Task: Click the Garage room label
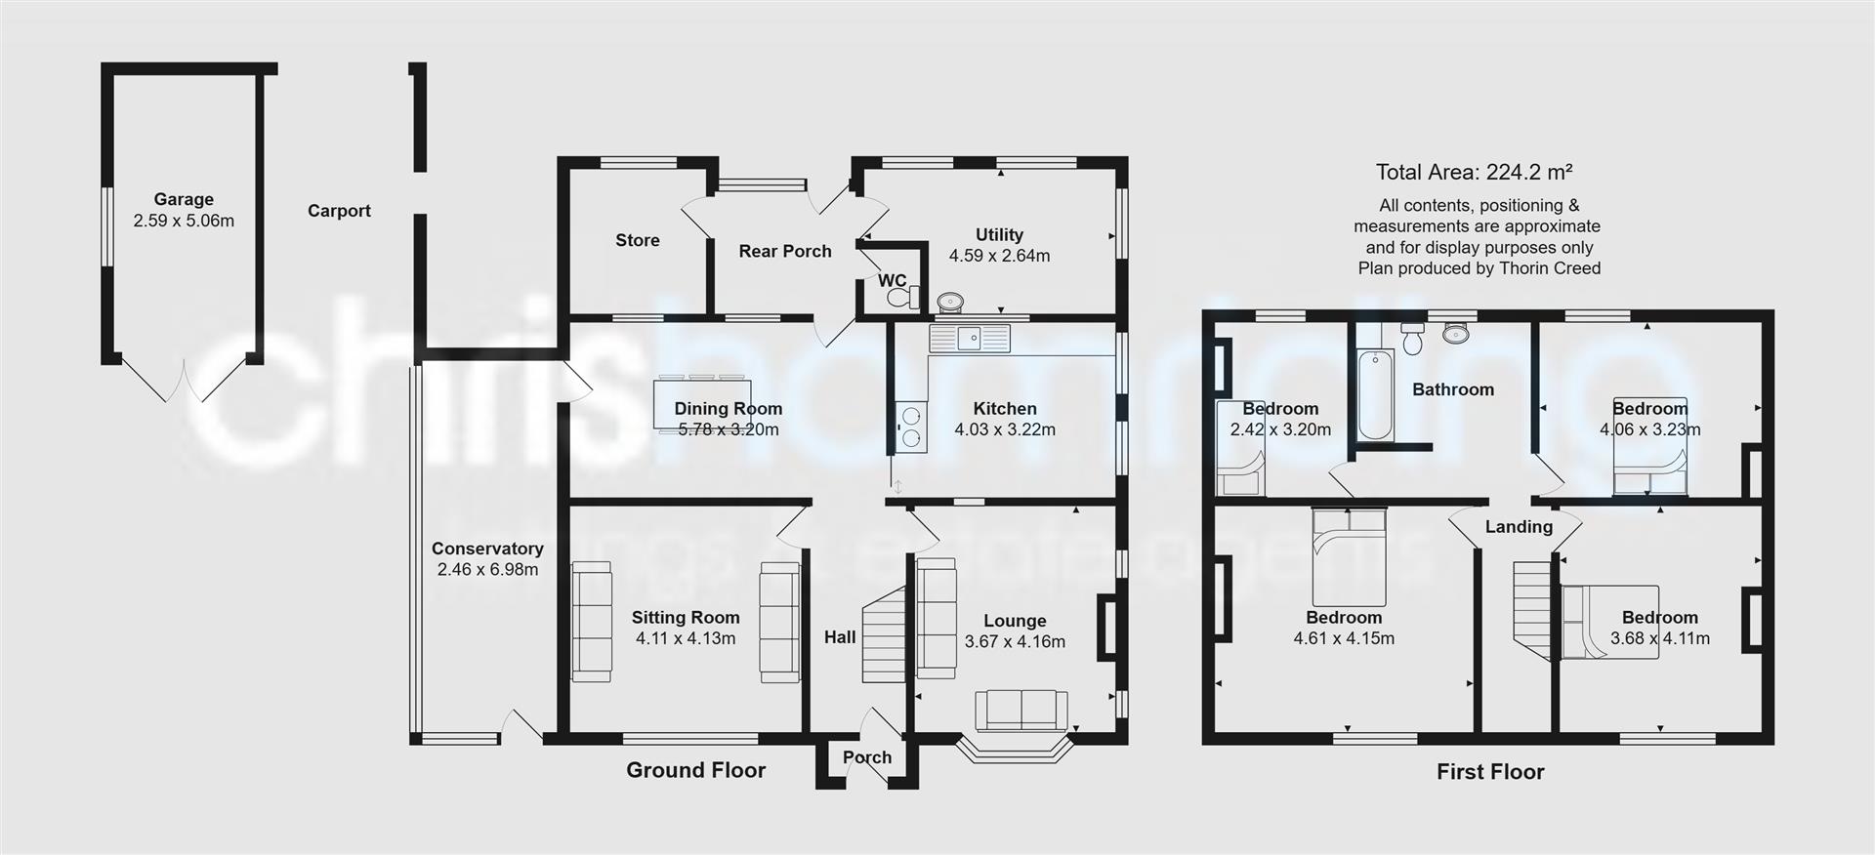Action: pyautogui.click(x=184, y=199)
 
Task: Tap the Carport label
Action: pyautogui.click(x=339, y=211)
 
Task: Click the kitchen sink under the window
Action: pyautogui.click(x=969, y=339)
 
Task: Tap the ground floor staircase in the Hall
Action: pyautogui.click(x=885, y=635)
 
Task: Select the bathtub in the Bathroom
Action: pyautogui.click(x=1376, y=395)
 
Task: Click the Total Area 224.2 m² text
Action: pyautogui.click(x=1474, y=173)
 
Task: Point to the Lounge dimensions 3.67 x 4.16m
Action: pyautogui.click(x=1015, y=642)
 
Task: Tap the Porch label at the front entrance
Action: pyautogui.click(x=867, y=757)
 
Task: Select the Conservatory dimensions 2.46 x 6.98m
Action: pyautogui.click(x=487, y=570)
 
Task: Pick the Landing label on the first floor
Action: pyautogui.click(x=1519, y=527)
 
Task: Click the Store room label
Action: pyautogui.click(x=638, y=240)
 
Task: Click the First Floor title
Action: pyautogui.click(x=1490, y=772)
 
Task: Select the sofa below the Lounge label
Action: pyautogui.click(x=1021, y=710)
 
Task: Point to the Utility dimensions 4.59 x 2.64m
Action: pyautogui.click(x=999, y=256)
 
